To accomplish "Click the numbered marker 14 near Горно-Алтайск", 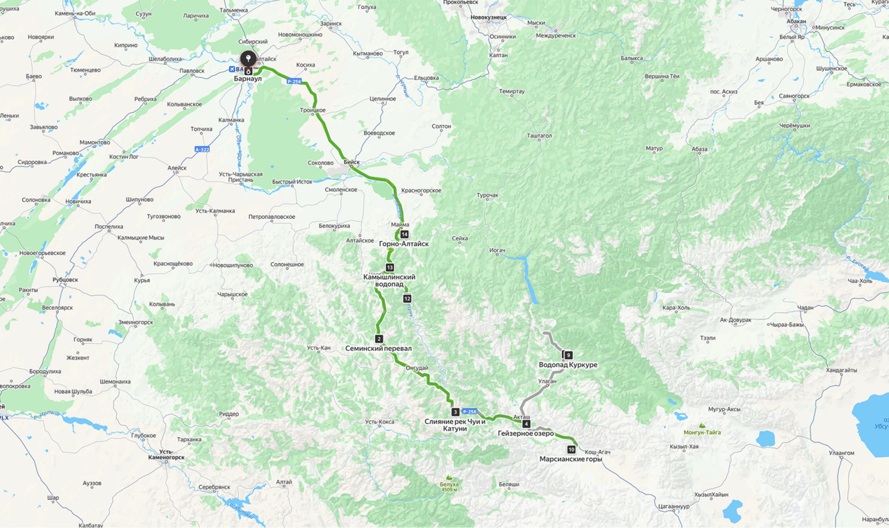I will coord(404,235).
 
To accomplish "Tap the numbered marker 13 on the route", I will coord(390,267).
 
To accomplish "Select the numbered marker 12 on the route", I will coord(407,299).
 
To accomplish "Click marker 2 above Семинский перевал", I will coord(379,339).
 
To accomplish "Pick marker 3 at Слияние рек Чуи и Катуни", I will coord(455,412).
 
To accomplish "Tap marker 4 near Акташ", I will coord(526,424).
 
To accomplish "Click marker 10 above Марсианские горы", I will coord(571,449).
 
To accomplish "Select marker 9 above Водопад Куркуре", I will coord(568,356).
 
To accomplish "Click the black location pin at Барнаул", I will coord(248,60).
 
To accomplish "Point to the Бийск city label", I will coord(352,162).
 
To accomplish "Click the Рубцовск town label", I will coord(65,280).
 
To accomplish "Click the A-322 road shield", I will coord(202,149).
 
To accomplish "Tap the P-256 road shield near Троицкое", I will coord(294,81).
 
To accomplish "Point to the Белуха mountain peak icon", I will coord(449,477).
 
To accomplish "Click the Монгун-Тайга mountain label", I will coord(702,432).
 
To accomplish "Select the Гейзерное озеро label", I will coord(525,434).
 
